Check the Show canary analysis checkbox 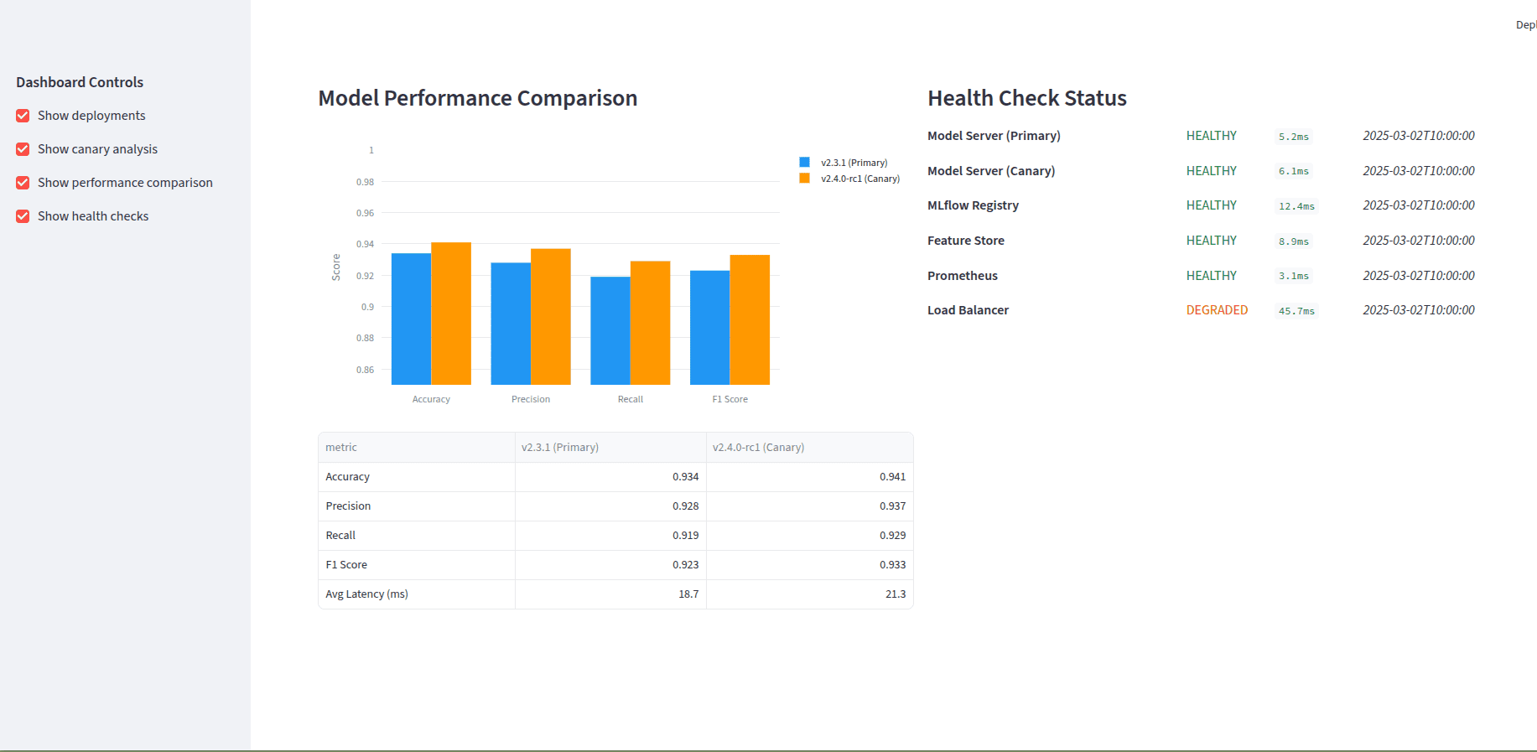[x=23, y=149]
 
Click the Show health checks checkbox [x=23, y=216]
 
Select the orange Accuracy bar [x=451, y=314]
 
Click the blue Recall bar [x=610, y=330]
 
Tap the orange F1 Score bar [x=750, y=319]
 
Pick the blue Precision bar [x=511, y=324]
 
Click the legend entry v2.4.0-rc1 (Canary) [x=859, y=179]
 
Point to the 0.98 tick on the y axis [x=365, y=182]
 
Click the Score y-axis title [x=336, y=267]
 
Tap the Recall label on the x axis [x=630, y=399]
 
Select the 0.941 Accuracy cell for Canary [x=892, y=477]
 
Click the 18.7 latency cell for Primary [x=688, y=594]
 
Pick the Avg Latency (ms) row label [x=366, y=594]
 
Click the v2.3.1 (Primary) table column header [x=560, y=448]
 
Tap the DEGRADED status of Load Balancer [x=1216, y=310]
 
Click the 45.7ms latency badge [x=1296, y=311]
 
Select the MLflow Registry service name [x=973, y=205]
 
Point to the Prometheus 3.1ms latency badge [x=1293, y=276]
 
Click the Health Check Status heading [x=1026, y=98]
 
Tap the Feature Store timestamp [x=1418, y=241]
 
